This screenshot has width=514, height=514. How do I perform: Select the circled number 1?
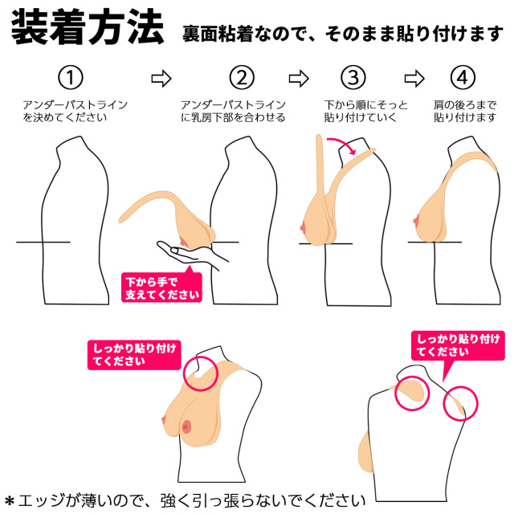coord(71,78)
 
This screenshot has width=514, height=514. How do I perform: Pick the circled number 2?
coord(241,78)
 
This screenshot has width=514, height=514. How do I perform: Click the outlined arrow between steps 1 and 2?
coord(161,78)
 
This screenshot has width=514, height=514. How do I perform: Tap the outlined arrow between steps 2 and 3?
coord(299,78)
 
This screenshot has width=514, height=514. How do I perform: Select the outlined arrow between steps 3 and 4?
coord(414,78)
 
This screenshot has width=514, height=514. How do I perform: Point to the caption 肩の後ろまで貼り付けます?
coord(465,112)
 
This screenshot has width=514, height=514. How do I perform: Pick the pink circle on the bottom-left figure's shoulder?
coord(202,371)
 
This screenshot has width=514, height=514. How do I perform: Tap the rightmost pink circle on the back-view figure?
coord(460,401)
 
